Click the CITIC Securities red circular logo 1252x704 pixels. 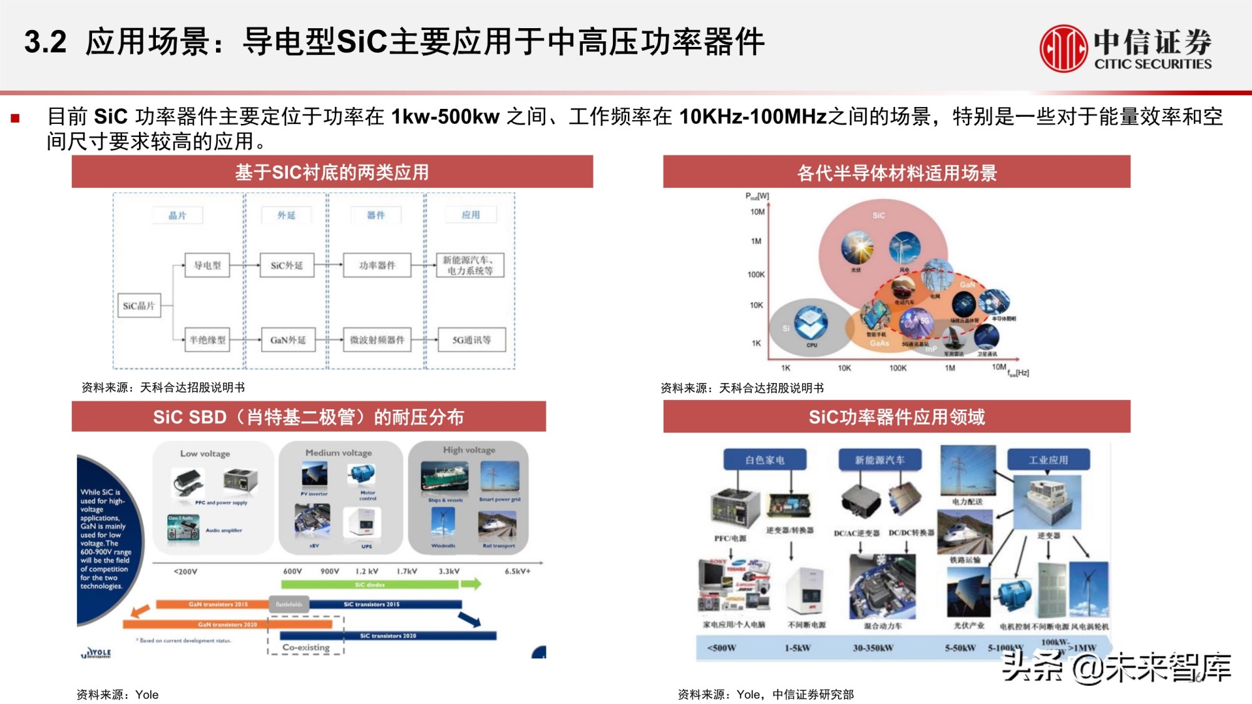(x=1063, y=48)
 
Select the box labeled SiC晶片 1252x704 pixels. (x=139, y=306)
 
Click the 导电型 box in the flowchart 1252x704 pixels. (x=208, y=265)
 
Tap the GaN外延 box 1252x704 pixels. (x=288, y=340)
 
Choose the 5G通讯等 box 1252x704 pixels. (x=471, y=340)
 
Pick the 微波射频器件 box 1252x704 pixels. (x=377, y=340)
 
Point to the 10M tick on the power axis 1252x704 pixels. (x=757, y=212)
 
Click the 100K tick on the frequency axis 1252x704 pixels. (x=898, y=368)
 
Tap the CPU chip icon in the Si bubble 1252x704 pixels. (x=811, y=322)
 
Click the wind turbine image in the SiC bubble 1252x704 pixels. (x=905, y=248)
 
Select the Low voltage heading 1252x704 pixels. (x=205, y=454)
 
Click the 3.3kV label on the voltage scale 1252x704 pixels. (x=449, y=571)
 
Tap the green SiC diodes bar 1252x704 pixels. (x=369, y=584)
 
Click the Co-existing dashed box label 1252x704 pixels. (x=305, y=648)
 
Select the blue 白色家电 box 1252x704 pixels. (x=764, y=460)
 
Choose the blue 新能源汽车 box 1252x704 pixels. (x=880, y=460)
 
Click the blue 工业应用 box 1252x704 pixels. (x=1048, y=460)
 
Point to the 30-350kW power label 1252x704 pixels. (x=873, y=648)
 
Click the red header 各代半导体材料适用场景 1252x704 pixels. (x=896, y=172)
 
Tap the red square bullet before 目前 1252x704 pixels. (x=16, y=118)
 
